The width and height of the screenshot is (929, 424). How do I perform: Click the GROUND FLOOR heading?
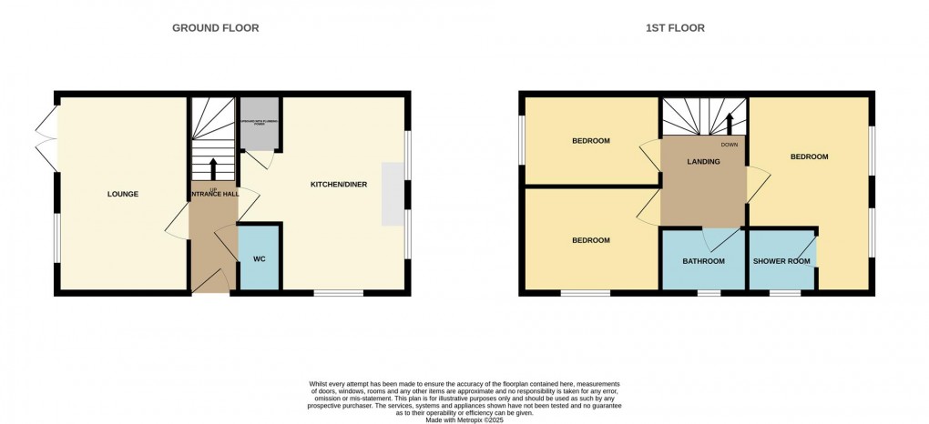(x=216, y=28)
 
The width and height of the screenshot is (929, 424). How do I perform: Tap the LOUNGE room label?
(x=123, y=194)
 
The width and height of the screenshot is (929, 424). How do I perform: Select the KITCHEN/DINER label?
(x=339, y=185)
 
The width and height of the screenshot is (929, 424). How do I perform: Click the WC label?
(x=259, y=259)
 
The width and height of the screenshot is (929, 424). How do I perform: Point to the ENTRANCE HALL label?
(x=213, y=194)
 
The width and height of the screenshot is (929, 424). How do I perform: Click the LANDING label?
(x=703, y=162)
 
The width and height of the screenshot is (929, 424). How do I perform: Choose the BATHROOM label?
(x=704, y=262)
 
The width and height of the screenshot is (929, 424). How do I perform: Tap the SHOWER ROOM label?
(x=781, y=262)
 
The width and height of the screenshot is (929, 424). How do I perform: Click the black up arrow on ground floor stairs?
(x=213, y=168)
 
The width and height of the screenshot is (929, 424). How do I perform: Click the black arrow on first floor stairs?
(x=730, y=123)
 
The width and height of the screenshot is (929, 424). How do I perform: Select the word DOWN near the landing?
(x=730, y=145)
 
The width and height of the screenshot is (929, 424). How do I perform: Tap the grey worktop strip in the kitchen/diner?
(x=393, y=193)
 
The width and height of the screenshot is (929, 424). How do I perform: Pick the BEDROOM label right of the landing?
(x=809, y=156)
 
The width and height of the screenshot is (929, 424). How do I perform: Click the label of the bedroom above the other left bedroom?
(x=590, y=141)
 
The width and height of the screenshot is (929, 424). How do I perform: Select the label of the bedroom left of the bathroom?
(x=590, y=240)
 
